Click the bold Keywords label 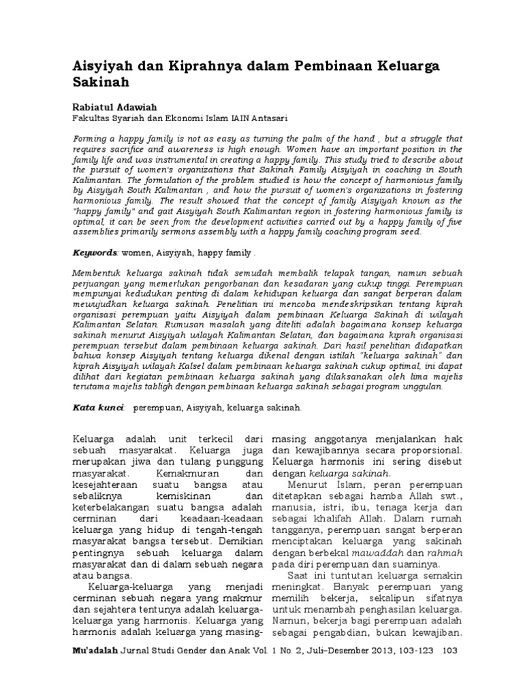(95, 253)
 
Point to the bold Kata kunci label (98, 408)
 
